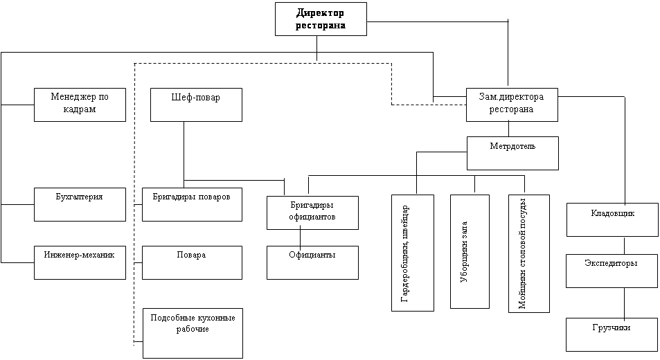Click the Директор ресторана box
pyautogui.click(x=321, y=19)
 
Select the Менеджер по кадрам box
pyautogui.click(x=80, y=105)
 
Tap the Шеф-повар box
pyautogui.click(x=197, y=105)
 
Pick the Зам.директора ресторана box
pyautogui.click(x=512, y=105)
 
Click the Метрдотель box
pyautogui.click(x=512, y=153)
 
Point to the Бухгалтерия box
pyautogui.click(x=80, y=204)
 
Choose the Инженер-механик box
pyautogui.click(x=80, y=262)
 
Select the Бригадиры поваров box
pyautogui.click(x=192, y=204)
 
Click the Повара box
pyautogui.click(x=192, y=262)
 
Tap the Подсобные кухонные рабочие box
pyautogui.click(x=193, y=333)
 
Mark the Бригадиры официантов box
pyautogui.click(x=312, y=212)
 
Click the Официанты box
pyautogui.click(x=312, y=262)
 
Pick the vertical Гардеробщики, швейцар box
pyautogui.click(x=412, y=253)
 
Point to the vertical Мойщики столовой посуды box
pyautogui.click(x=528, y=253)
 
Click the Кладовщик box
pyautogui.click(x=612, y=219)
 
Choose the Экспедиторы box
pyautogui.click(x=612, y=271)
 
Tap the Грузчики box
pyautogui.click(x=612, y=334)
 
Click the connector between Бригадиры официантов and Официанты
pyautogui.click(x=299, y=237)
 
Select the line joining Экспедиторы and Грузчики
pyautogui.click(x=625, y=303)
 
